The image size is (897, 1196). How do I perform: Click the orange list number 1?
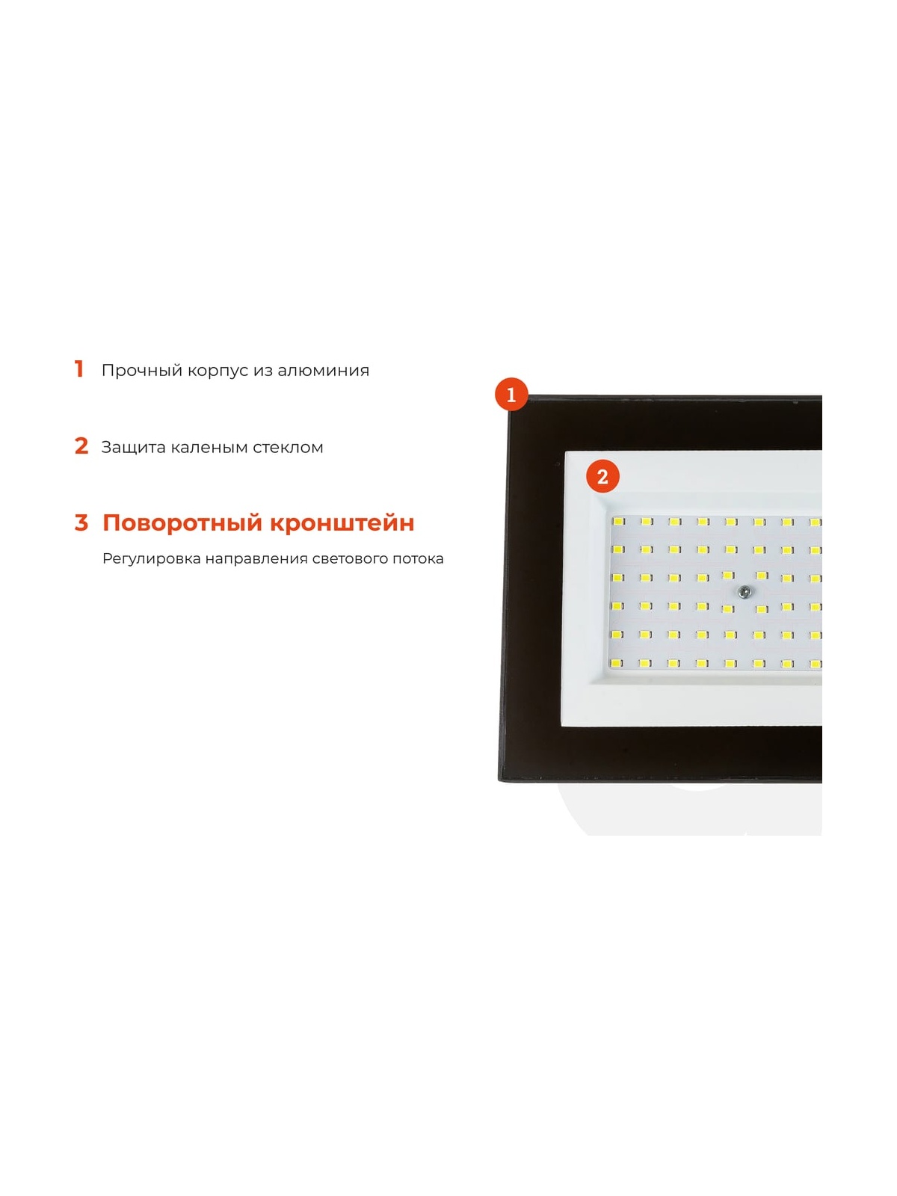(79, 369)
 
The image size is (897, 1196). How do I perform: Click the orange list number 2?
(81, 446)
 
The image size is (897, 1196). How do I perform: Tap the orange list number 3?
(81, 523)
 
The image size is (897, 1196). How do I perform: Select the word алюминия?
(323, 371)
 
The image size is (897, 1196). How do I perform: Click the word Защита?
(134, 448)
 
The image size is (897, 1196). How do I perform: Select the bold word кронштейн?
(342, 523)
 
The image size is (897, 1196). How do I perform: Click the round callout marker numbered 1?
(511, 395)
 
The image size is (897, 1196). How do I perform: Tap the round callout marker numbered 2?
(602, 478)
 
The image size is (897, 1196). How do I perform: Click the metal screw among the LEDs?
(742, 591)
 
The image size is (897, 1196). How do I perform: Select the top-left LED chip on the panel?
(618, 522)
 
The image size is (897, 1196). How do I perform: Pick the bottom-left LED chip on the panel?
(617, 663)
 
